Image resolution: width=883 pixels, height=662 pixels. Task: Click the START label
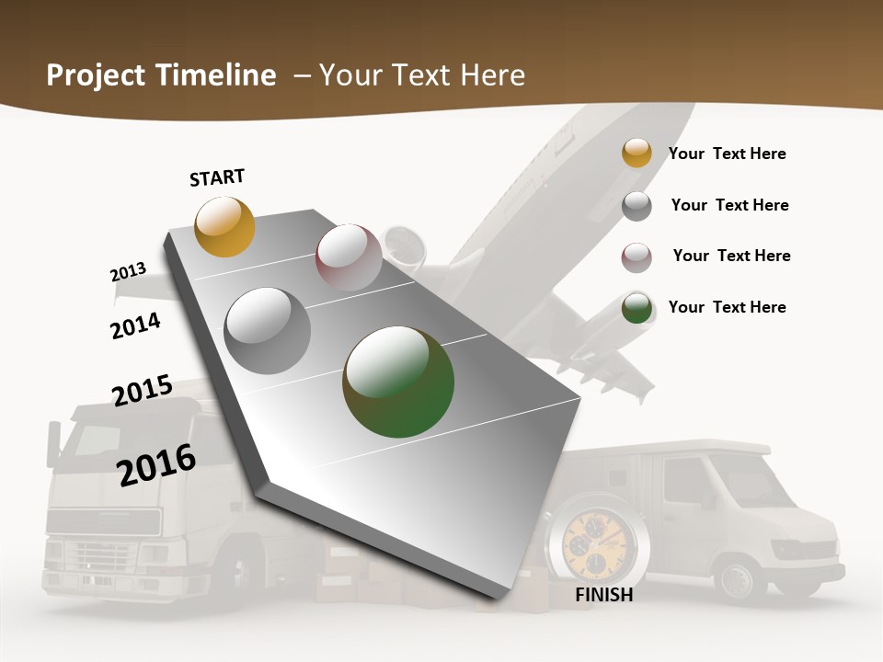click(x=217, y=177)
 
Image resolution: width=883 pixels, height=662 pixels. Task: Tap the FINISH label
click(x=603, y=595)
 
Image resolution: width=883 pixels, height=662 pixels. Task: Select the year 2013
click(x=128, y=272)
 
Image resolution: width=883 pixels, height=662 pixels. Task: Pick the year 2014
click(x=136, y=325)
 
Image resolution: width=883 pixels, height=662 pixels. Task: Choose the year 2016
click(x=156, y=464)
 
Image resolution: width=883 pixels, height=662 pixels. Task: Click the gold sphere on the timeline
click(x=224, y=226)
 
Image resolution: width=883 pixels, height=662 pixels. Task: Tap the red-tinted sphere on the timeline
click(x=349, y=257)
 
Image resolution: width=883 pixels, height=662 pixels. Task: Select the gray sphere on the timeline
click(x=268, y=331)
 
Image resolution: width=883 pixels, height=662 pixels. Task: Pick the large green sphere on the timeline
click(x=398, y=382)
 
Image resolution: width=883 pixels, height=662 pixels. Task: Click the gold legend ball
click(x=636, y=153)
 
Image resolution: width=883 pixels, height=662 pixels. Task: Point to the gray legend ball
click(x=636, y=206)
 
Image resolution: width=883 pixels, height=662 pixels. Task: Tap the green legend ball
click(x=636, y=308)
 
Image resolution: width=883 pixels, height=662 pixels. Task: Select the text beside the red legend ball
click(x=731, y=256)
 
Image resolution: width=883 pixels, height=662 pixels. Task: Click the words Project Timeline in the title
click(x=161, y=75)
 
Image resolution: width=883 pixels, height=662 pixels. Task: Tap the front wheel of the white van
click(x=737, y=580)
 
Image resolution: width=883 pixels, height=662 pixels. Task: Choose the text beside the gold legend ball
click(x=727, y=154)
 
